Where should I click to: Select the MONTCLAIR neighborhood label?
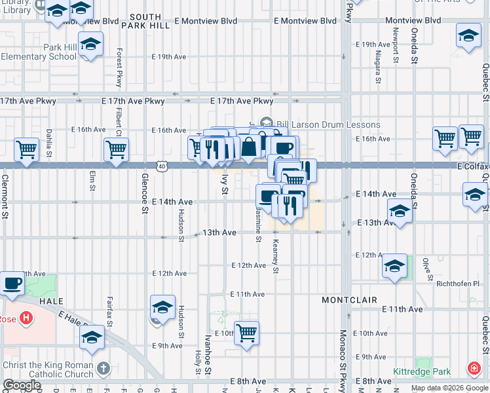tap(349, 300)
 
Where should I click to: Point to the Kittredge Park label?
tap(422, 371)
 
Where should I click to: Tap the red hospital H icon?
tap(26, 319)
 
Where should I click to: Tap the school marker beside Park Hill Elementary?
tap(90, 45)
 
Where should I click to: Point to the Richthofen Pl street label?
tap(458, 284)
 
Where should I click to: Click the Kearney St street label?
tap(276, 256)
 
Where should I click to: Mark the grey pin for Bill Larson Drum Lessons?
tap(266, 122)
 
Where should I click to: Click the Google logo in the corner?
tap(22, 385)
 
